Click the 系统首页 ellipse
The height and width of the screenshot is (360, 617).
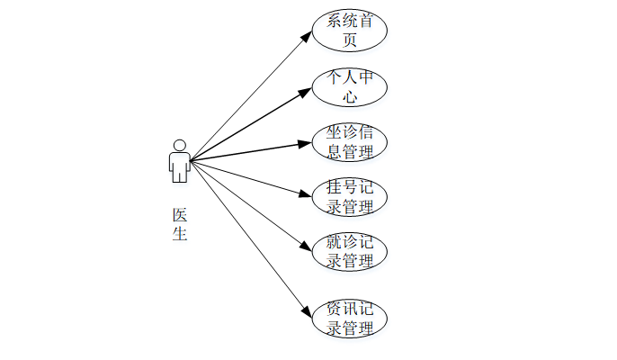click(x=350, y=31)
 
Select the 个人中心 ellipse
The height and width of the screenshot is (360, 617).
click(x=350, y=86)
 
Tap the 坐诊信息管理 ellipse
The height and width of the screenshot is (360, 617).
click(x=350, y=142)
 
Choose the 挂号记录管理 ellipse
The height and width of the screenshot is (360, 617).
click(x=350, y=197)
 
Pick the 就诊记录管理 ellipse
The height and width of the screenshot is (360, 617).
click(x=350, y=252)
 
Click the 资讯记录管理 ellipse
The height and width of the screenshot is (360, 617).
click(x=350, y=319)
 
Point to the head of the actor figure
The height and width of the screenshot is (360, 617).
click(x=180, y=145)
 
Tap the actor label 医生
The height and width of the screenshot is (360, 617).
click(x=180, y=225)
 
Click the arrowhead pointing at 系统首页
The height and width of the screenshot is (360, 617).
click(x=307, y=37)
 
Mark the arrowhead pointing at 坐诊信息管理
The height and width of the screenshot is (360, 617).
click(x=306, y=143)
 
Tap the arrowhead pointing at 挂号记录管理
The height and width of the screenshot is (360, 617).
click(x=306, y=193)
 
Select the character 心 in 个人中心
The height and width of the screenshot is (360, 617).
click(x=350, y=96)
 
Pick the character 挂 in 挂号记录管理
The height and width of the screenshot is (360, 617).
click(x=334, y=188)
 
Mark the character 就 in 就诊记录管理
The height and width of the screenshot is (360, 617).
click(x=334, y=243)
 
